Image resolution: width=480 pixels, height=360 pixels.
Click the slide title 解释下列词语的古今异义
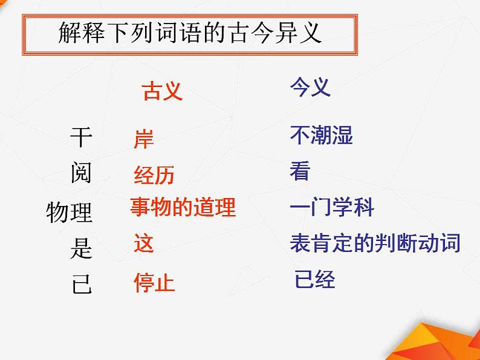point(190,33)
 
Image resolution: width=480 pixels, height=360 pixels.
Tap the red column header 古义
point(162,91)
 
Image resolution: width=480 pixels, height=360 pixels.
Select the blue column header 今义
point(310,88)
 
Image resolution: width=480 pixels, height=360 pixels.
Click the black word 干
point(81,138)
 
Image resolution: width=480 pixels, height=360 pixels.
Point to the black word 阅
point(81,173)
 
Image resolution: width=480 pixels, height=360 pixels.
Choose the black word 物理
point(70,212)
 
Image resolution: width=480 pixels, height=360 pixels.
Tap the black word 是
point(81,248)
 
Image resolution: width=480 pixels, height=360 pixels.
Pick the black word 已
point(82,283)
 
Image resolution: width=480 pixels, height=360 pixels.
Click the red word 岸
point(144,139)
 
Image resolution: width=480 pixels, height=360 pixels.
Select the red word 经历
point(154,175)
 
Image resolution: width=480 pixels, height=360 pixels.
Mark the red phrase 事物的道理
point(183,208)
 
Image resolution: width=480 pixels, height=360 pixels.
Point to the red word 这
point(144,243)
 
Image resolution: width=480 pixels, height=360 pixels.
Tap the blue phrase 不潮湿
point(321,135)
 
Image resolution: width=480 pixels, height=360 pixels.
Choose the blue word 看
point(300,172)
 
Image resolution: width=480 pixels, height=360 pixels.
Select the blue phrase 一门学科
point(332,208)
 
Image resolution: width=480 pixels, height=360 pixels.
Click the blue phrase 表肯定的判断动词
point(375,243)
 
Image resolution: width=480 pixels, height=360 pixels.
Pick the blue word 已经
point(314,280)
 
